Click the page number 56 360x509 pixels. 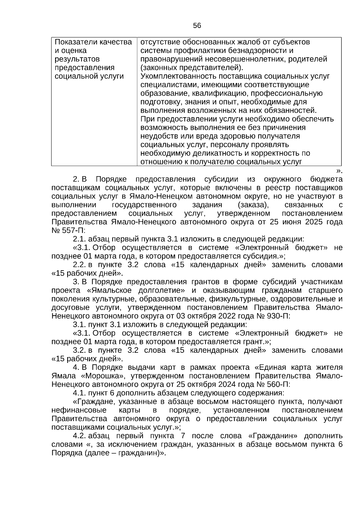point(197,26)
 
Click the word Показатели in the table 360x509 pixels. point(73,42)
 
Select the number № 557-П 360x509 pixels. point(68,231)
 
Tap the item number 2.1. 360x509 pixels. point(79,239)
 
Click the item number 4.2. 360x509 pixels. point(79,436)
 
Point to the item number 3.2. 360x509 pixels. point(79,350)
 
